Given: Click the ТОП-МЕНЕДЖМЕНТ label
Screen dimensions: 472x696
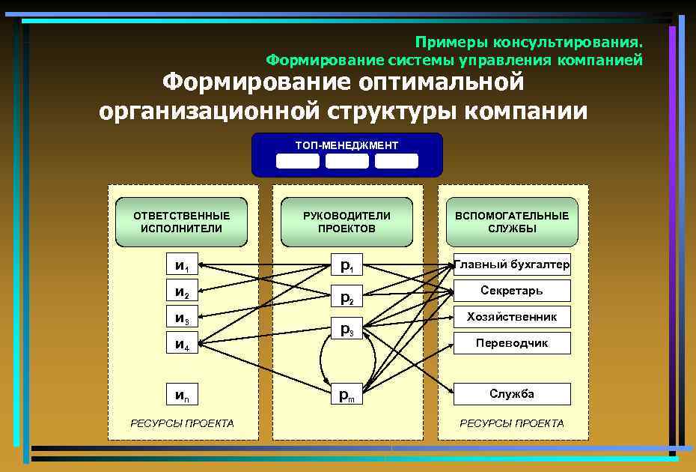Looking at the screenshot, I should click(x=347, y=145).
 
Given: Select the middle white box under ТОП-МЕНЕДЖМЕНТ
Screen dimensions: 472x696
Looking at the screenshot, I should click(x=347, y=161).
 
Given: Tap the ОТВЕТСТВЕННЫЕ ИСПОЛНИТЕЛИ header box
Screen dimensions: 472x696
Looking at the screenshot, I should click(x=181, y=222).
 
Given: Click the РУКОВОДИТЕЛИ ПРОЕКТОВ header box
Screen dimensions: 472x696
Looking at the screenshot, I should click(x=347, y=222).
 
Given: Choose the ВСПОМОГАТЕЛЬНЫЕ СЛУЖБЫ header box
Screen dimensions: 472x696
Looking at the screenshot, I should click(x=512, y=222).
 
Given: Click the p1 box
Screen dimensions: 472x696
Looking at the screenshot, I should click(x=347, y=265).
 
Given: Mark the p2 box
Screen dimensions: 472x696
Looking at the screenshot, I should click(x=347, y=297).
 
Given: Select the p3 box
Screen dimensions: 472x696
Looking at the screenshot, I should click(x=347, y=329).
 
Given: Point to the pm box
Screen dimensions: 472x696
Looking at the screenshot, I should click(x=347, y=395).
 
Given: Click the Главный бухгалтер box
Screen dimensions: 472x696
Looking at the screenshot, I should click(x=512, y=264).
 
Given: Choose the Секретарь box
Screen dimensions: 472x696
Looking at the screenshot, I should click(x=512, y=291).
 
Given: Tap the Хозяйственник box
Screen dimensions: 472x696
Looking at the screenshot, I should click(x=512, y=317).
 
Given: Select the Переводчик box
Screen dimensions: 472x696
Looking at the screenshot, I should click(x=512, y=343).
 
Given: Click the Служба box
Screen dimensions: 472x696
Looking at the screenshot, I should click(x=512, y=394).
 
